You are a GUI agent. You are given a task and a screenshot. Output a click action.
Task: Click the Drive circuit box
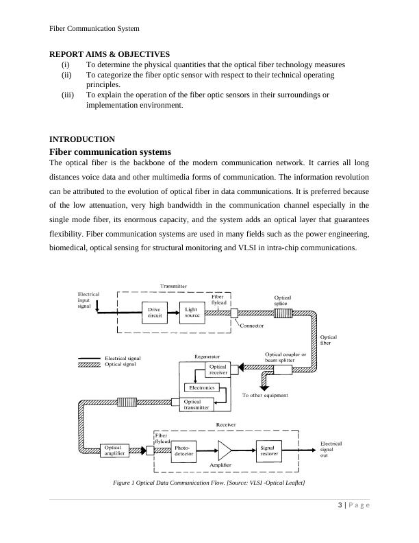pyautogui.click(x=154, y=312)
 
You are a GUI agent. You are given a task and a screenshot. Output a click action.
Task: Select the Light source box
pyautogui.click(x=192, y=312)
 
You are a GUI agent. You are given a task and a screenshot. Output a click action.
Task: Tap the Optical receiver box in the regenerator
pyautogui.click(x=218, y=370)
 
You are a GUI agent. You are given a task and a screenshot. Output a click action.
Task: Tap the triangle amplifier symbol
pyautogui.click(x=225, y=450)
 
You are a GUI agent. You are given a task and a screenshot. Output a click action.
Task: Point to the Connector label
pyautogui.click(x=253, y=326)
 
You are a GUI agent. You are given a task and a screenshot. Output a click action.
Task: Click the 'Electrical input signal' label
pyautogui.click(x=88, y=300)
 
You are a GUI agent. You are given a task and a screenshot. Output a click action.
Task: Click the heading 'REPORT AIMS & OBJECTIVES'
pyautogui.click(x=110, y=54)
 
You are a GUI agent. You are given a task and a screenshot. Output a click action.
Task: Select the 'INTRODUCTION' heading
pyautogui.click(x=82, y=139)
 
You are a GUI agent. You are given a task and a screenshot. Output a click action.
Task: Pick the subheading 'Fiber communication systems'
pyautogui.click(x=110, y=152)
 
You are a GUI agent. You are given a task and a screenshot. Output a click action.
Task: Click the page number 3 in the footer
pyautogui.click(x=340, y=506)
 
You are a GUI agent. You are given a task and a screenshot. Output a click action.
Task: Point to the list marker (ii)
pyautogui.click(x=66, y=74)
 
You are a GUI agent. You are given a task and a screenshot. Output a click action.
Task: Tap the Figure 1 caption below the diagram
pyautogui.click(x=209, y=483)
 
